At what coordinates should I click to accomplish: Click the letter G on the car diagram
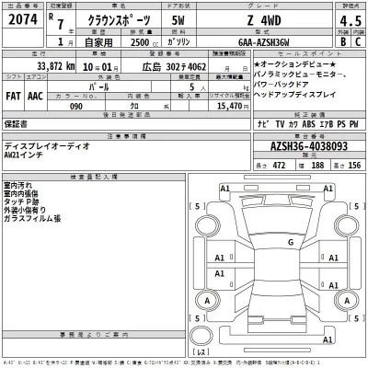pyautogui.click(x=290, y=242)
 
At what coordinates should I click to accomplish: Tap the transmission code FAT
pyautogui.click(x=14, y=95)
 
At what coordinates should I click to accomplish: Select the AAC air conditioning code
pyautogui.click(x=36, y=95)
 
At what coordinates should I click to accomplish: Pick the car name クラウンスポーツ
pyautogui.click(x=116, y=19)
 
